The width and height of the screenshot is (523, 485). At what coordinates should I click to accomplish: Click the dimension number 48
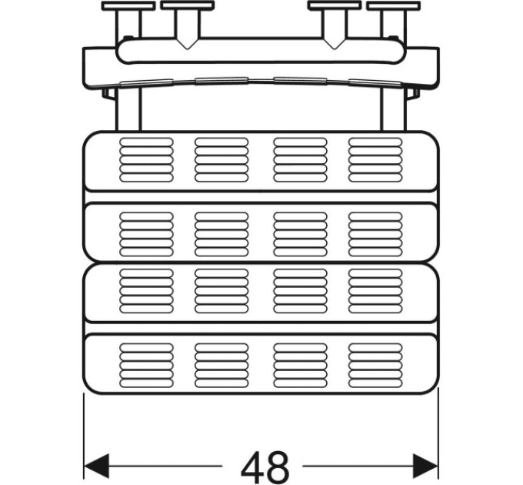[265, 466]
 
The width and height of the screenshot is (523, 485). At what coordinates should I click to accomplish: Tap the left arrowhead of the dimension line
[97, 466]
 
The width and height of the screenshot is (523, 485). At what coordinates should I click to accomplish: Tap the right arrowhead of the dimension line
[425, 466]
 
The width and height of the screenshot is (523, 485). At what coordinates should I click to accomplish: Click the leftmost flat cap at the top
[128, 5]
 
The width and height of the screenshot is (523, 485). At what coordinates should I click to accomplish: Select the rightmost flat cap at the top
[394, 5]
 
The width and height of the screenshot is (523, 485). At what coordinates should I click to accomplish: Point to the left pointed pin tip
[187, 48]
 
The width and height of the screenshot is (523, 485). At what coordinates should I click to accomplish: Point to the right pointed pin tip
[335, 48]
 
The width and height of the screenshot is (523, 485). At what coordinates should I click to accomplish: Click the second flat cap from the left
[187, 5]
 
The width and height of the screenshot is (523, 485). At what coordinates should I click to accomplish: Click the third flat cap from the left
[335, 5]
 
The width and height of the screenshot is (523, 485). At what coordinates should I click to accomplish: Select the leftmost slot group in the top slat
[146, 160]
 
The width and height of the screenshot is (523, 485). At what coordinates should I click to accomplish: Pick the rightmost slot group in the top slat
[375, 160]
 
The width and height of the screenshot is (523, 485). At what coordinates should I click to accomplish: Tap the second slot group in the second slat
[222, 234]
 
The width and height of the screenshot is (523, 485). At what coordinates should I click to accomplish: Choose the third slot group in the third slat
[300, 291]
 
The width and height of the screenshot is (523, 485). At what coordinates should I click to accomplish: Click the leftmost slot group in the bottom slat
[146, 366]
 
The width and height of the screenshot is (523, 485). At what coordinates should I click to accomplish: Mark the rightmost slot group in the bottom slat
[375, 366]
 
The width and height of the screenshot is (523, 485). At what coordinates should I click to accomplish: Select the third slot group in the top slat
[300, 160]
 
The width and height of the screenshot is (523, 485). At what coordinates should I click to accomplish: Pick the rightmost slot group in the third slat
[375, 291]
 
